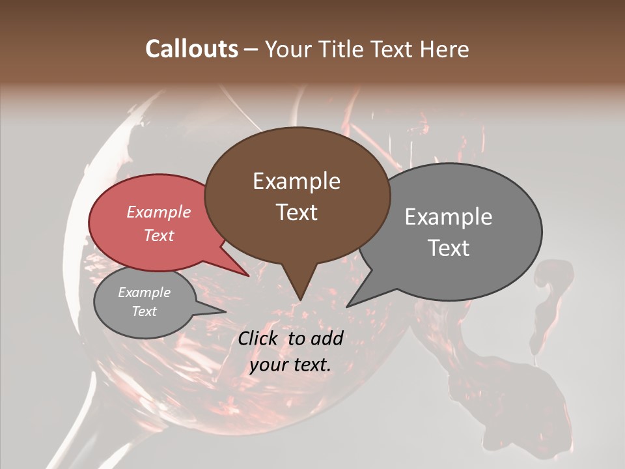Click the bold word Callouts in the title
[191, 49]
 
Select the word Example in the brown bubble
[296, 181]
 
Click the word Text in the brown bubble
[296, 212]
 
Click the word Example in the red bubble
[158, 212]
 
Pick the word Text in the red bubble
[158, 235]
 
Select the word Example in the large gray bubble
[449, 217]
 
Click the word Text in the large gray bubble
[449, 248]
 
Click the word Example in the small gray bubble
[144, 292]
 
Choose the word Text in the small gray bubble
[144, 311]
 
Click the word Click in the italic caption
[259, 338]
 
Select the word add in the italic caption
[327, 338]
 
